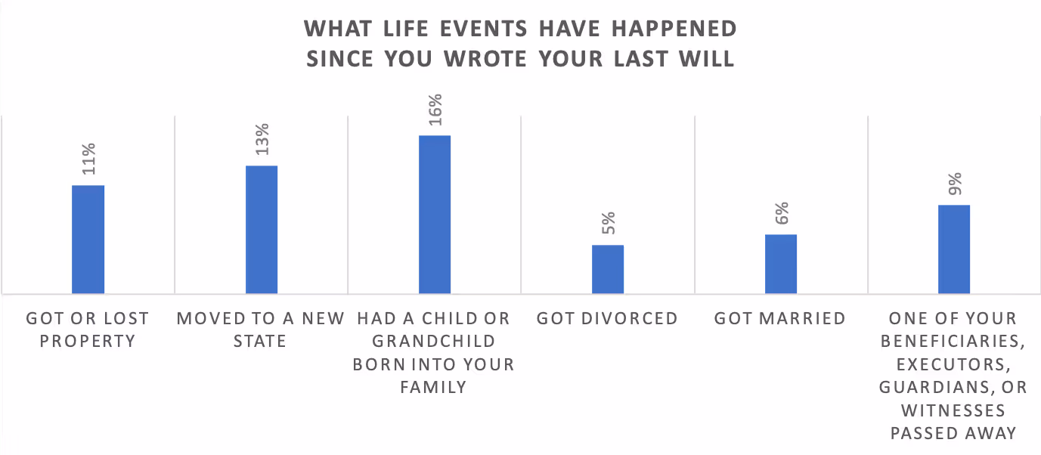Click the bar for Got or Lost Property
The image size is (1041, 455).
coord(88,239)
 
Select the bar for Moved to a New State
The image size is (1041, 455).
coord(262,229)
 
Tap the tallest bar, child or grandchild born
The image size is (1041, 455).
coord(435,214)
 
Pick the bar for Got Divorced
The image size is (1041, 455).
coord(608,269)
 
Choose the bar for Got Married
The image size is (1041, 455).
coord(781,264)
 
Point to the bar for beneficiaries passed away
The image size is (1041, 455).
coord(954,249)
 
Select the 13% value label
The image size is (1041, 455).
coord(262,138)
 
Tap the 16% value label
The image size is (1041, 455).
coord(435,109)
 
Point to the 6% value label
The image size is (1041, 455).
coord(781,213)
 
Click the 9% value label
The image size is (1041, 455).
coord(954,184)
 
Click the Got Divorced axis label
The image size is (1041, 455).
coord(608,318)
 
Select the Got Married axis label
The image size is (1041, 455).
coord(780,318)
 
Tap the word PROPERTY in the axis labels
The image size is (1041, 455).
coord(88,342)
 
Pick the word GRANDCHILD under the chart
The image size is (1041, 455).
coord(435,342)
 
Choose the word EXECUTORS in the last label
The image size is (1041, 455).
coord(953,364)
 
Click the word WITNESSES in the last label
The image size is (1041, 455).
coord(953,410)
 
